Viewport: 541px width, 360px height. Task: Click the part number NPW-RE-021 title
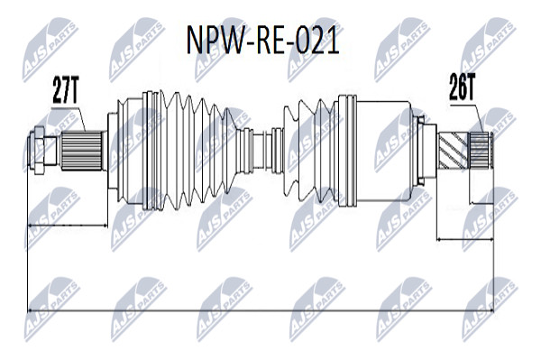263,41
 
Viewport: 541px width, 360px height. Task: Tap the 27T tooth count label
66,89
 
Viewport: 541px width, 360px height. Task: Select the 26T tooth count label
463,87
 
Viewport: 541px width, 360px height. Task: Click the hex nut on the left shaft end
39,150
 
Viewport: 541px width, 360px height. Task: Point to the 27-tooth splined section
82,151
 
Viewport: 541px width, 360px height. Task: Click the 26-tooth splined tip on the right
479,151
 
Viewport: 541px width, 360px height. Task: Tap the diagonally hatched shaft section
453,151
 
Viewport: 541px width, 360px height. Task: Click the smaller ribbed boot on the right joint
308,151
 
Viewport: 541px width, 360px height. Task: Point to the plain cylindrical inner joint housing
383,151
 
